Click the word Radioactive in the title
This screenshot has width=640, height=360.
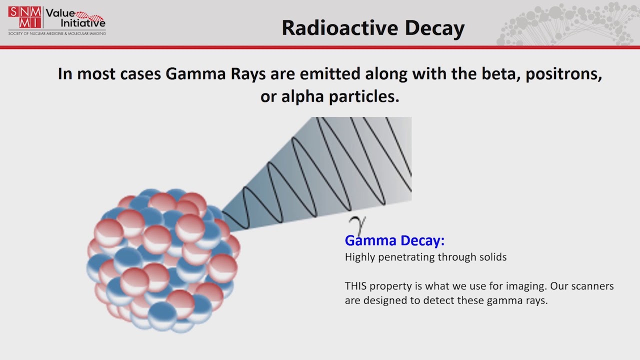point(339,28)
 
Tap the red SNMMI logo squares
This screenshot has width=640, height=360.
point(24,17)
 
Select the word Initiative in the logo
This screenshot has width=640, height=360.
point(83,23)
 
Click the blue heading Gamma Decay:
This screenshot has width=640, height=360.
point(394,240)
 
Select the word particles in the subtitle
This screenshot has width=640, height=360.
point(363,97)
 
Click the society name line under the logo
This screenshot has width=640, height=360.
point(57,33)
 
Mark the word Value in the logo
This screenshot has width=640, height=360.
point(60,13)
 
